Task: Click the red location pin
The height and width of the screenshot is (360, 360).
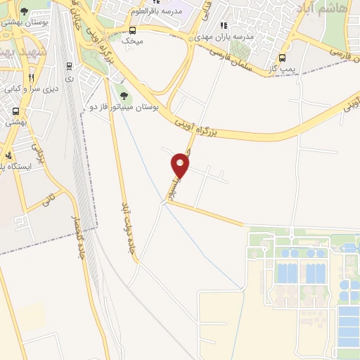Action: (x=181, y=166)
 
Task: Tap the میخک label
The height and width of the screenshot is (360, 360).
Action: (x=132, y=41)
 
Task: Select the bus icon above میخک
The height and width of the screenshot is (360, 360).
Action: (x=133, y=30)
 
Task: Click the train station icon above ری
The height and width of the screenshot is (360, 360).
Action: (x=69, y=66)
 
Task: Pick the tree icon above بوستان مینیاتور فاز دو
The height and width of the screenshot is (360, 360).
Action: (x=124, y=96)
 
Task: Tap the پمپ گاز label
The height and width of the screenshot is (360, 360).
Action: (x=282, y=69)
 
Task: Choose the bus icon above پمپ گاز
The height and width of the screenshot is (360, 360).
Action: (x=283, y=58)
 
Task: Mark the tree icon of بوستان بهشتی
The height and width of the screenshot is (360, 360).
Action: (x=25, y=12)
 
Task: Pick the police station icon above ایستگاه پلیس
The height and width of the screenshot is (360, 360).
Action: (x=8, y=155)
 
